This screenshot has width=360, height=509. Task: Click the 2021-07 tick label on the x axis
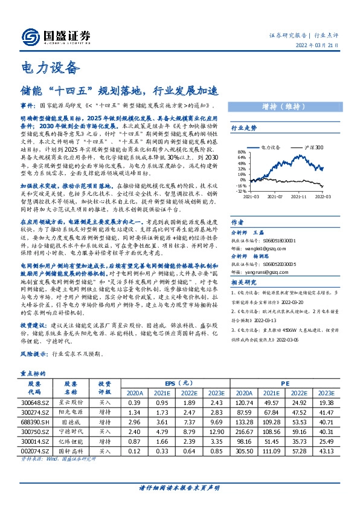point(275,196)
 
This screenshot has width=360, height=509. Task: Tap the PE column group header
point(284,383)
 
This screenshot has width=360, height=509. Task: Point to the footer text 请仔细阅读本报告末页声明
point(179,487)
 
